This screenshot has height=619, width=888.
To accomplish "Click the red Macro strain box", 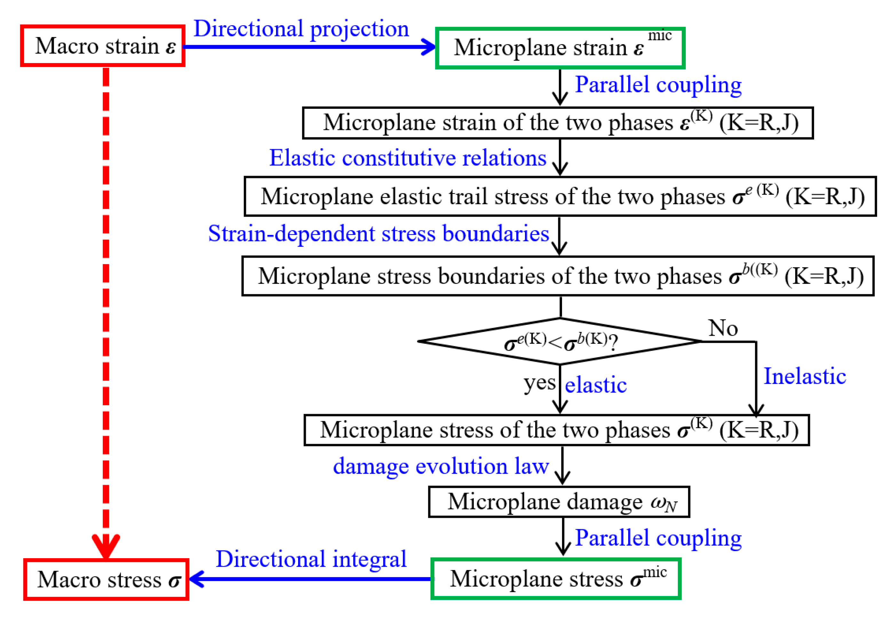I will tap(102, 46).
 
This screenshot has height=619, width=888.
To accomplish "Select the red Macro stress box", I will tap(106, 579).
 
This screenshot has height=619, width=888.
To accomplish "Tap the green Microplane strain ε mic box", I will tap(560, 48).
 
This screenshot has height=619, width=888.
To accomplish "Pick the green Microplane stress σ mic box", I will tap(555, 579).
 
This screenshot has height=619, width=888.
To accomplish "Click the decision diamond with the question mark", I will tap(560, 342).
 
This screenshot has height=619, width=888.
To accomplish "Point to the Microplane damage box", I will tap(559, 502).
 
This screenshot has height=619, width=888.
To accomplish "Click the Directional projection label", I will tap(301, 29).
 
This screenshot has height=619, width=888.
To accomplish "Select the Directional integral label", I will tap(311, 559).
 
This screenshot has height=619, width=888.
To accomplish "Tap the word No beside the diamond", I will tap(723, 328).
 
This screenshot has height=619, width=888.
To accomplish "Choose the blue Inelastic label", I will tap(805, 376).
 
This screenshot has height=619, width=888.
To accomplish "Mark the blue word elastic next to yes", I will tap(596, 385).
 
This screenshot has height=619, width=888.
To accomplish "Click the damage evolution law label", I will tap(440, 466).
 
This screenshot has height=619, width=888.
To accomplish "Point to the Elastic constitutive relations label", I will tap(408, 158).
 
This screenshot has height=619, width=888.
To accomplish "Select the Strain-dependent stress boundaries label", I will tap(378, 234).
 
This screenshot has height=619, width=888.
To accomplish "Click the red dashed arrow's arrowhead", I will tap(106, 545).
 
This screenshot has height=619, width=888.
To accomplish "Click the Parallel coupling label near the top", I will tap(658, 85).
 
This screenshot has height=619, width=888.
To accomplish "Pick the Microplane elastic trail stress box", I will tap(560, 197).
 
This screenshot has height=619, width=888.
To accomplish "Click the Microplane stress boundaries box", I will tap(558, 276).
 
